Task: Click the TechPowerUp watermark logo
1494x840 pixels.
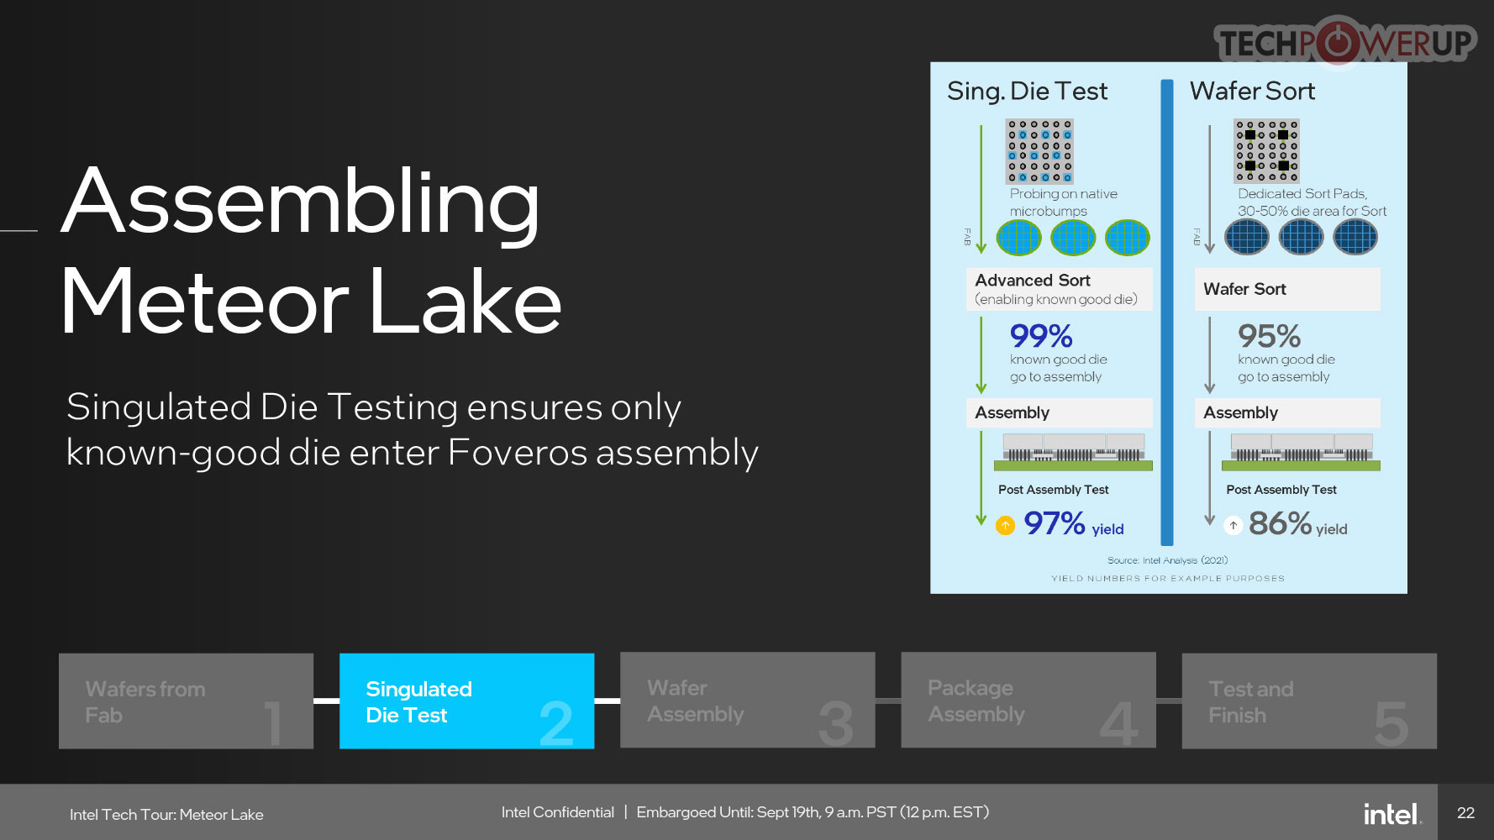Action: tap(1344, 42)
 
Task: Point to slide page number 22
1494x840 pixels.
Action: tap(1465, 813)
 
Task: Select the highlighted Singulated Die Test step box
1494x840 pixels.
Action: tap(466, 701)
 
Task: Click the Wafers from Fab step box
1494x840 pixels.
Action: tap(186, 701)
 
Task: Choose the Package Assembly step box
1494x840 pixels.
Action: tap(1028, 701)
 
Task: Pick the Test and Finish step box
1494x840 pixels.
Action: tap(1309, 701)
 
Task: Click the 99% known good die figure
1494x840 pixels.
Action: tap(1041, 336)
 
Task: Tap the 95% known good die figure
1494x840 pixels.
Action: tap(1269, 336)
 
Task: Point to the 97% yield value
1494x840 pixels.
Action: tap(1055, 523)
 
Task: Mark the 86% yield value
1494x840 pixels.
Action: tap(1280, 523)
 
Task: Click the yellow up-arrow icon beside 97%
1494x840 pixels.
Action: tap(1005, 526)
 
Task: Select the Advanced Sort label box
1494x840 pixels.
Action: tap(1059, 289)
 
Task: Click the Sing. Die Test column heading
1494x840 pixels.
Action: tap(1027, 91)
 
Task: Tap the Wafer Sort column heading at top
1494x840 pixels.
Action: tap(1252, 91)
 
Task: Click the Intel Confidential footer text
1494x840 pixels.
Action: tap(558, 812)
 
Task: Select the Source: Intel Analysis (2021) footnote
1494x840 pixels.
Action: tap(1167, 560)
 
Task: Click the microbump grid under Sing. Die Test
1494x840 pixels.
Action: tap(1039, 151)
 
